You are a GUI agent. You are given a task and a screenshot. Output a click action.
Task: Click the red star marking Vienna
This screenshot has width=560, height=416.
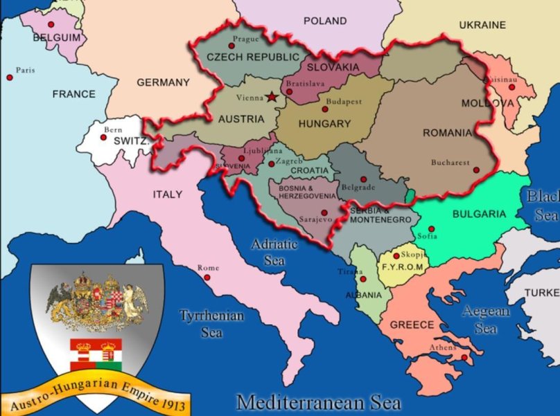tap(271, 98)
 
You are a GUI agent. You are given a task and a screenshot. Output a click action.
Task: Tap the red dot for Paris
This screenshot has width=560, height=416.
tap(10, 77)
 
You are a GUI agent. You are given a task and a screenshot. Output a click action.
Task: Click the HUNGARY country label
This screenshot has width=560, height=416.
tap(324, 124)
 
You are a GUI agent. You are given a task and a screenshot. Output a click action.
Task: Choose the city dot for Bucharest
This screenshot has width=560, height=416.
tap(475, 170)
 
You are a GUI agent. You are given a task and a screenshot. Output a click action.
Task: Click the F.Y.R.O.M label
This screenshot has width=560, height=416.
tap(399, 266)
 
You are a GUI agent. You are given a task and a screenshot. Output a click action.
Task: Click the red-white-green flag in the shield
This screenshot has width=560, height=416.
tap(96, 353)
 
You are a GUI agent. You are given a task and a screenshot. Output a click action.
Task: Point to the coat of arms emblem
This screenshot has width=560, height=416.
tap(96, 300)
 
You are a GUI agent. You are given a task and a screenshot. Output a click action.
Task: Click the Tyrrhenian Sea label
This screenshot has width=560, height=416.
tap(211, 324)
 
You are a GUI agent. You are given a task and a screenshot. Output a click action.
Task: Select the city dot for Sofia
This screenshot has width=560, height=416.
tap(431, 229)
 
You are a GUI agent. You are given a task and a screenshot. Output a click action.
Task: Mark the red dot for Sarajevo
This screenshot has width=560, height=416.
tap(324, 212)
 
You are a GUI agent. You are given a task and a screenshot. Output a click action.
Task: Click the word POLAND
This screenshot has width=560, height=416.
tap(324, 21)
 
